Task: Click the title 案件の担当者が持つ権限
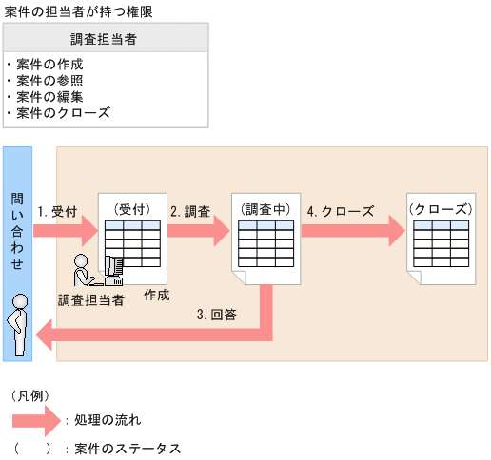pos(78,10)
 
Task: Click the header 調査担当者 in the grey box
pos(106,39)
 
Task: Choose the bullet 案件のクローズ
pos(63,112)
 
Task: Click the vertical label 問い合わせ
pos(18,228)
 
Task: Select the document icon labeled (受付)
pos(132,238)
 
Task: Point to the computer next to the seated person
pos(113,271)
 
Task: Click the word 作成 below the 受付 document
pos(157,296)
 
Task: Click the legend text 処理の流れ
pos(108,418)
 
